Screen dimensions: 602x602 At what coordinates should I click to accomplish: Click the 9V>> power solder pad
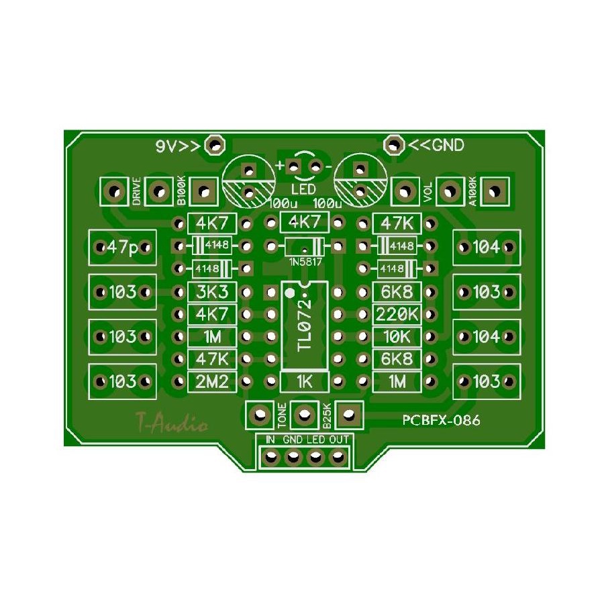click(x=215, y=146)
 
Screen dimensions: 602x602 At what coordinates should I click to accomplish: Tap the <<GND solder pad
click(x=394, y=145)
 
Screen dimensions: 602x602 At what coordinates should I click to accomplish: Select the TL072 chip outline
click(x=305, y=326)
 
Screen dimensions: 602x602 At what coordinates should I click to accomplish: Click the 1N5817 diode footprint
click(x=305, y=246)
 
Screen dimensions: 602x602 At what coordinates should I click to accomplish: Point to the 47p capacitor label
click(x=122, y=247)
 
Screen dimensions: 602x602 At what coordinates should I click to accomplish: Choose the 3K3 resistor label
click(x=212, y=292)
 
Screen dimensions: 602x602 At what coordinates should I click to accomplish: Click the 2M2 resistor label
click(x=212, y=382)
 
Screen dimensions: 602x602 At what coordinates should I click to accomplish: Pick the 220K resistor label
click(x=397, y=315)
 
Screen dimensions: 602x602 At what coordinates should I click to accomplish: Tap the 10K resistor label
click(x=397, y=337)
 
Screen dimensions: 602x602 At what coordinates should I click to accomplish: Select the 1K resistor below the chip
click(x=305, y=382)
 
